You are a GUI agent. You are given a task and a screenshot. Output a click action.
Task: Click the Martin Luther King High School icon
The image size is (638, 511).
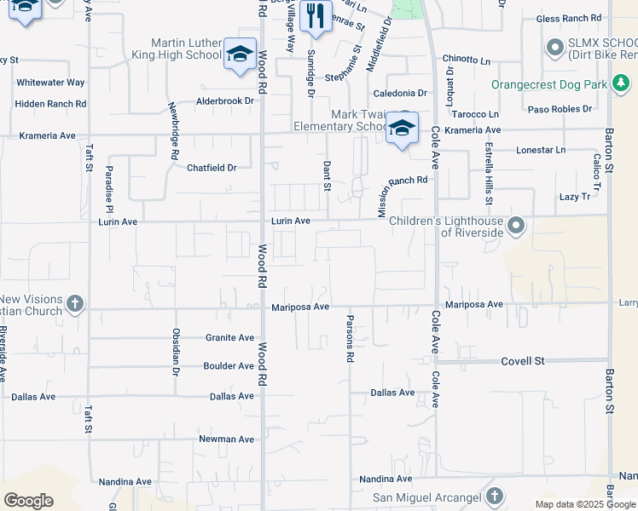click(x=240, y=54)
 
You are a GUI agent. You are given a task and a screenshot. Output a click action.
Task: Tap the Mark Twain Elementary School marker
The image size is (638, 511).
click(x=403, y=129)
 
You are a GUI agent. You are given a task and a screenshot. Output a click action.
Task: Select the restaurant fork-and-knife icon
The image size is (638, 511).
click(x=316, y=15)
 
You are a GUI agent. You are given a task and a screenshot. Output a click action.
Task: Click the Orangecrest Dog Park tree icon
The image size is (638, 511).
click(x=623, y=85)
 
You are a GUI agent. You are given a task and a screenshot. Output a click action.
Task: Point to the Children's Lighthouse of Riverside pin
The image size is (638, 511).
click(x=515, y=227)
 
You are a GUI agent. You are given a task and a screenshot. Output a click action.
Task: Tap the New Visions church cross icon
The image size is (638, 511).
click(x=74, y=304)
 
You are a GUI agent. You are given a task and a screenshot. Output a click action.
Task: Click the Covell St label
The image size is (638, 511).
click(x=522, y=361)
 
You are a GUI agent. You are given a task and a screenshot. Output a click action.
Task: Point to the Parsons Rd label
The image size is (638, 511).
click(x=350, y=339)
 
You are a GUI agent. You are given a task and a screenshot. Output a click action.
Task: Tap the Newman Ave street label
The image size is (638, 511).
click(x=226, y=439)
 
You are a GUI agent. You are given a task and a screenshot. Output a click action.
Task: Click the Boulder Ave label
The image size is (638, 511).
click(x=228, y=366)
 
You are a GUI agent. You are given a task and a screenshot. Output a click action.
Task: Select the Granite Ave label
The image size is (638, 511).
click(x=229, y=338)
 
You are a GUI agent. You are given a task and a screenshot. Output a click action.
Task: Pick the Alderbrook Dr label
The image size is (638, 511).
click(x=225, y=100)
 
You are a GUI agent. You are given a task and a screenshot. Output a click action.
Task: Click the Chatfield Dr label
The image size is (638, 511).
click(x=212, y=168)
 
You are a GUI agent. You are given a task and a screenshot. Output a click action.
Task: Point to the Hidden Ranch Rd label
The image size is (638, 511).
click(x=51, y=104)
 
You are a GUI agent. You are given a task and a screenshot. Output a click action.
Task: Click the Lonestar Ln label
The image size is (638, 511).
click(x=541, y=150)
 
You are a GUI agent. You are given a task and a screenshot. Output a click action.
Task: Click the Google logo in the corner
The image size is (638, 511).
click(x=28, y=501)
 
